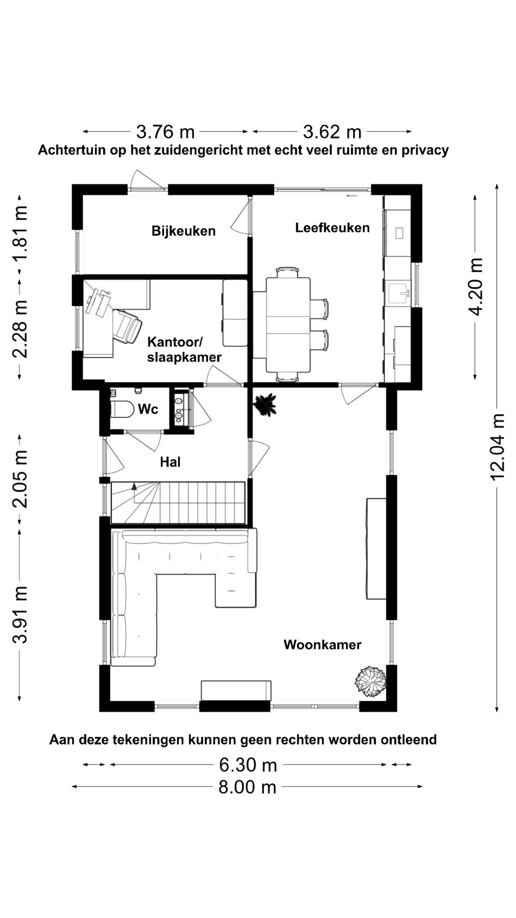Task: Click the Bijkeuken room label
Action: (x=183, y=231)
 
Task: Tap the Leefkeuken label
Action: (x=332, y=228)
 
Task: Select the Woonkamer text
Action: (x=322, y=645)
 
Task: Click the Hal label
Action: (x=170, y=462)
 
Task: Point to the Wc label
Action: (x=148, y=409)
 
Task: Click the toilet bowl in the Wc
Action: (x=122, y=410)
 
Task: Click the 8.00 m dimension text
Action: (x=247, y=787)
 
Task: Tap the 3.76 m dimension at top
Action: (x=165, y=131)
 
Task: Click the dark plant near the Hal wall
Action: (x=264, y=405)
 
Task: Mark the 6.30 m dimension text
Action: (x=248, y=765)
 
